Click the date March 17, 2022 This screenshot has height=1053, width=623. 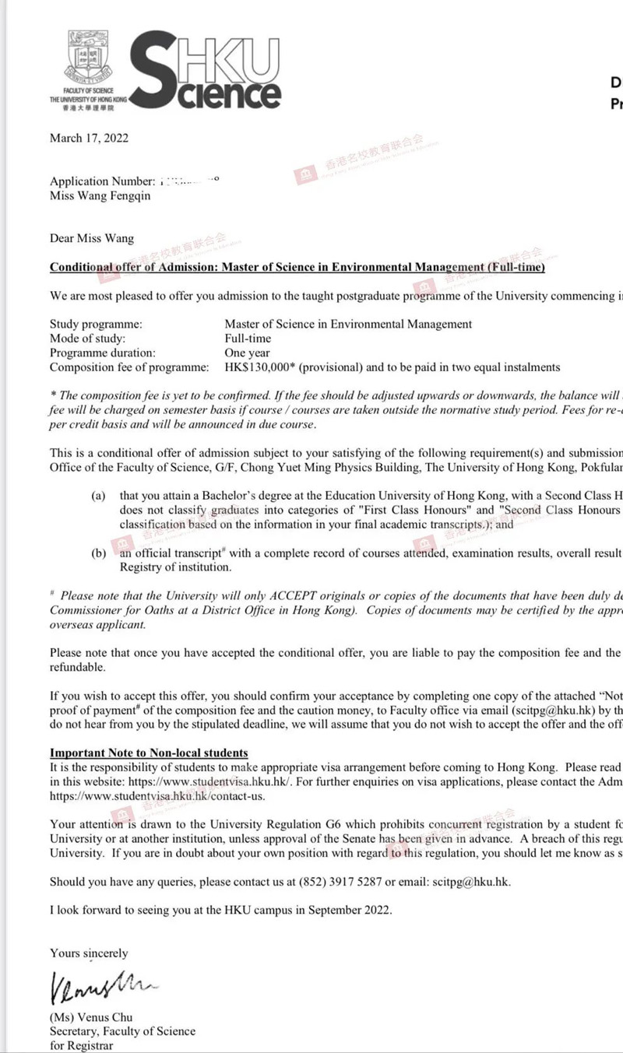click(89, 139)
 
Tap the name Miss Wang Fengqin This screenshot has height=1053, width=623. click(100, 196)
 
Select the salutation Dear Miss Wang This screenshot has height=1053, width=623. click(92, 239)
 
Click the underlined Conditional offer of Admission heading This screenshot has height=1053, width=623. click(297, 268)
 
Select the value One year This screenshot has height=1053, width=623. click(247, 353)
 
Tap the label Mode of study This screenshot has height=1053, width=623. click(87, 339)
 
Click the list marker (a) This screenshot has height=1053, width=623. click(98, 496)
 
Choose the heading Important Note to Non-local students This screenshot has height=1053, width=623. click(149, 753)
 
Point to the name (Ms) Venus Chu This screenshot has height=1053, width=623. click(92, 1017)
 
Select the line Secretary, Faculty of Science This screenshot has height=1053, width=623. click(122, 1031)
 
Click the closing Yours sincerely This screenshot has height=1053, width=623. click(89, 953)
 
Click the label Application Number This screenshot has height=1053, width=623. click(100, 182)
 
